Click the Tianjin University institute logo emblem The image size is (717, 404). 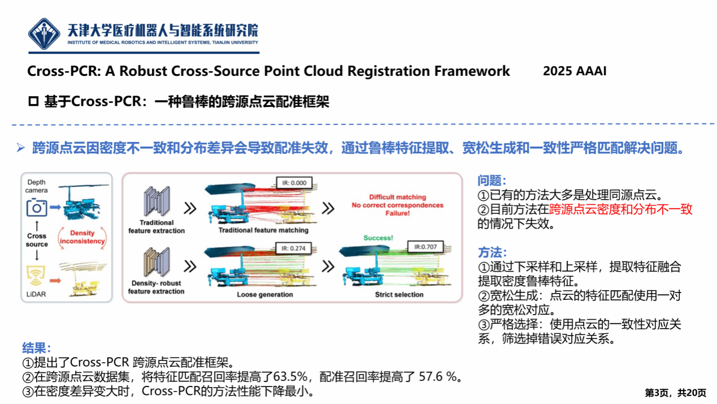[x=45, y=34]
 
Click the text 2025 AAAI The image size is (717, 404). [x=575, y=72]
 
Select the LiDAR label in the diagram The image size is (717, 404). [x=37, y=293]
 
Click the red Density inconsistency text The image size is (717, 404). [x=82, y=237]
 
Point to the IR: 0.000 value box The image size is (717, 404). [x=294, y=183]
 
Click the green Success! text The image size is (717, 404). [x=378, y=238]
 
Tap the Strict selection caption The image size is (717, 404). [x=399, y=295]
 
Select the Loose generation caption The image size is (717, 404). [x=265, y=295]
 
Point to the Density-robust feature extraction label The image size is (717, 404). [x=156, y=287]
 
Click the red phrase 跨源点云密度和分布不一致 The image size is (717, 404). [x=621, y=209]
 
